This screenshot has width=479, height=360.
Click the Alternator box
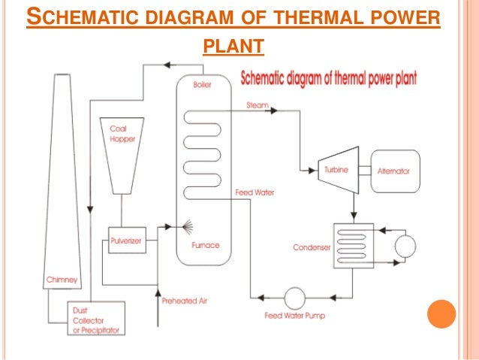393,171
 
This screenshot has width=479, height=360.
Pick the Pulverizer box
123,241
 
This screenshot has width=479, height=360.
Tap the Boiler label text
202,85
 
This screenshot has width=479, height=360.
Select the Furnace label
205,244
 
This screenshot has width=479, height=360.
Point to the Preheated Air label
184,301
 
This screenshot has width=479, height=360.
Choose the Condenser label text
310,247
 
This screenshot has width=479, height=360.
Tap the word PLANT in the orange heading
233,48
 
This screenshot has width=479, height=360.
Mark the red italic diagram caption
329,77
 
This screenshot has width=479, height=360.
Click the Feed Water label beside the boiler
255,193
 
